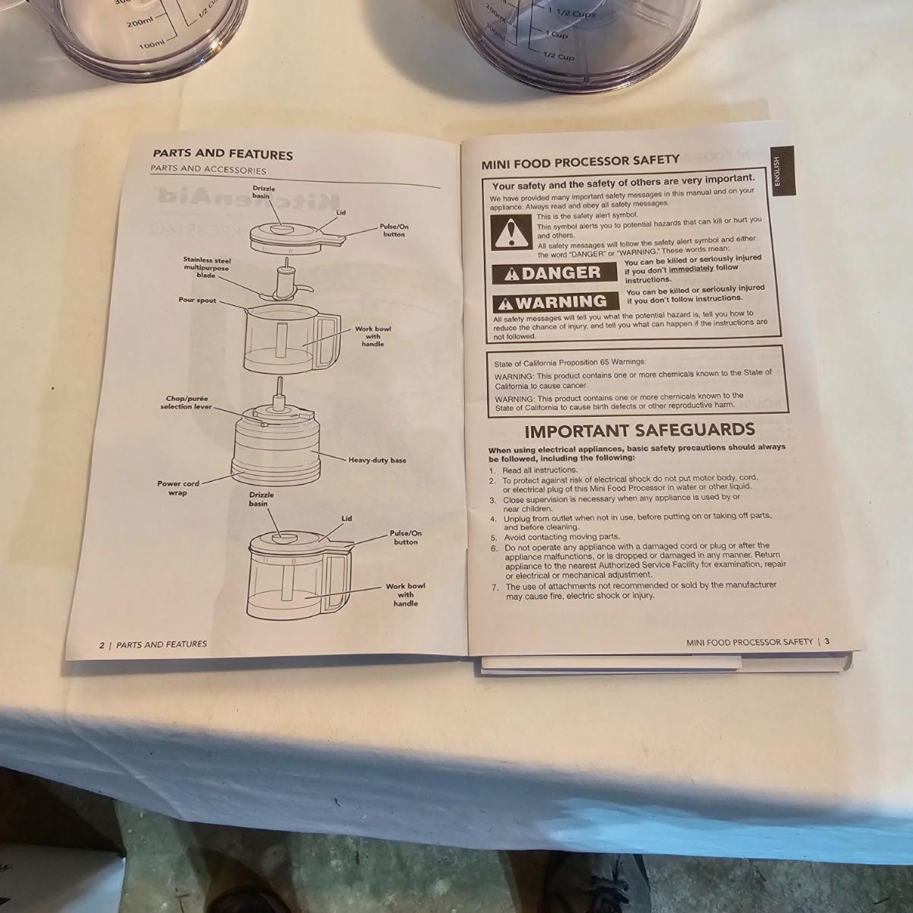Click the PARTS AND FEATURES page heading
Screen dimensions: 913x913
tap(223, 154)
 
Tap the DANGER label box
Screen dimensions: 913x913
tap(555, 272)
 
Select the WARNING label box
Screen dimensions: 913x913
tap(555, 301)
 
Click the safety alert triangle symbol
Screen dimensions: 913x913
tap(511, 233)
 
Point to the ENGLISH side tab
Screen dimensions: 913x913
tap(783, 171)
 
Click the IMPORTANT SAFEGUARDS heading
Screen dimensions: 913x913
tap(639, 431)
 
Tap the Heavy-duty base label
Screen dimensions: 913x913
tap(377, 460)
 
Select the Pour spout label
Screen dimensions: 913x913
tap(197, 300)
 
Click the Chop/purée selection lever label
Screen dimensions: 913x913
tap(186, 402)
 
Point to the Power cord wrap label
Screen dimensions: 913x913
tap(178, 488)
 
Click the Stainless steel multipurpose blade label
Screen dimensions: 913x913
tap(206, 268)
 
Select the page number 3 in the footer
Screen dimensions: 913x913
tap(827, 641)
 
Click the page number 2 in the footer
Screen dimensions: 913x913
tap(101, 645)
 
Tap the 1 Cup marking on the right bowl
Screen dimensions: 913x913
tap(556, 34)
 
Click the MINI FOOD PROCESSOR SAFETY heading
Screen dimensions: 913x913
tap(581, 161)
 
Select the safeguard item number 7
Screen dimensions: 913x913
tap(495, 588)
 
